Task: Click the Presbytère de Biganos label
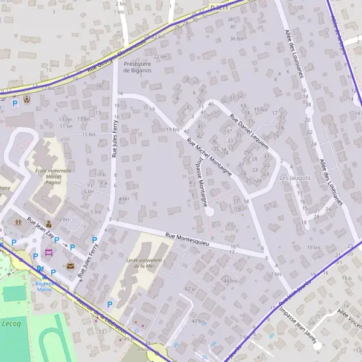pos(138,66)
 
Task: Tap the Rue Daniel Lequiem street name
pos(252,127)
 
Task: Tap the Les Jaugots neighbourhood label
pos(295,178)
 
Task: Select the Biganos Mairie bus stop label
pos(45,286)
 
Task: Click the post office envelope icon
pos(71,265)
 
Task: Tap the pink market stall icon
pos(49,252)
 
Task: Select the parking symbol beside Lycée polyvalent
pos(109,305)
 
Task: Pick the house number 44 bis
pos(229,281)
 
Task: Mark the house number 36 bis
pos(236,39)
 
